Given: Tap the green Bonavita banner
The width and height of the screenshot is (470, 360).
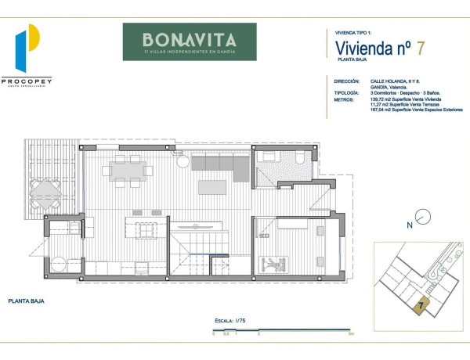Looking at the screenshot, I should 189,41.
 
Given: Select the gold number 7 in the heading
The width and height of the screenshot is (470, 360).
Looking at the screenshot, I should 421,48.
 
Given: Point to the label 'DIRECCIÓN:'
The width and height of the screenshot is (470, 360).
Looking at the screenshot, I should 347,81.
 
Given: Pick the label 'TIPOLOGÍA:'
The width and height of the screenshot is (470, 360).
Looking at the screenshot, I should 347,92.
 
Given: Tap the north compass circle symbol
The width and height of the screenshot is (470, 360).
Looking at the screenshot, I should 422,216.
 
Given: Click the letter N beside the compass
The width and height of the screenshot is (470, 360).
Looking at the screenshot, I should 409,225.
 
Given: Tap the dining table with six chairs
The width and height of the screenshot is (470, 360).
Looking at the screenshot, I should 128,170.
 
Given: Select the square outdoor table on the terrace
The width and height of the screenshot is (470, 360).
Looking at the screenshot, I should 44,190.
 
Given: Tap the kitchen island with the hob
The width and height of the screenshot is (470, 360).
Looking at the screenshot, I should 146,232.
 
